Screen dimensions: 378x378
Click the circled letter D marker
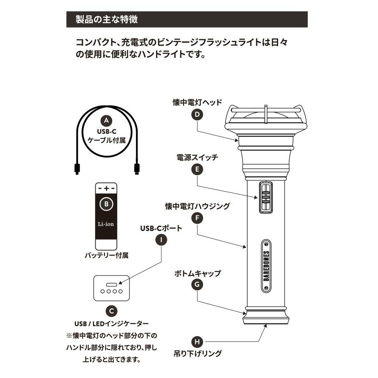point(197,115)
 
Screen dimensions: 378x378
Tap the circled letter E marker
point(197,169)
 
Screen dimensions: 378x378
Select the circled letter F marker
point(197,218)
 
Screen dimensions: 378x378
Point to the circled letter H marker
point(197,342)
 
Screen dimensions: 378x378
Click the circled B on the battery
point(106,204)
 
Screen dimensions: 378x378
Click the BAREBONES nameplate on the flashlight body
point(266,266)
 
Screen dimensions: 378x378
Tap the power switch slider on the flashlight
point(265,197)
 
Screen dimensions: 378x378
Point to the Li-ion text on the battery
point(106,224)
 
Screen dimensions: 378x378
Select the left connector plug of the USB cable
point(77,169)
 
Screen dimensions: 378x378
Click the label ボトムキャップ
point(197,273)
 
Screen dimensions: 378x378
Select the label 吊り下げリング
point(197,354)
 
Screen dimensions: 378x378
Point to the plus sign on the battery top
point(106,188)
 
